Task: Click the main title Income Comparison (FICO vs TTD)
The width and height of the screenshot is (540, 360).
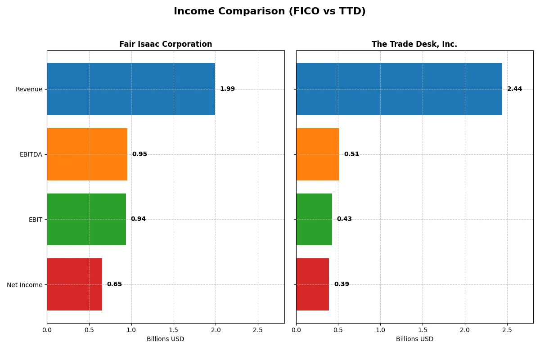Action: pos(270,12)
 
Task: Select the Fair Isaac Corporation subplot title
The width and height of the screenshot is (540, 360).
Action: pos(165,44)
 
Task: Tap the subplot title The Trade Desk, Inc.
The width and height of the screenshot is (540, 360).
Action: pos(414,44)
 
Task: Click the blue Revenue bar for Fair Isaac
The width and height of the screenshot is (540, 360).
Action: pos(131,89)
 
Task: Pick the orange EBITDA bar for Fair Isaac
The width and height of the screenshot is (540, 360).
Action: pos(87,154)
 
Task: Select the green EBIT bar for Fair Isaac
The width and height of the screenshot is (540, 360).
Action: pos(86,219)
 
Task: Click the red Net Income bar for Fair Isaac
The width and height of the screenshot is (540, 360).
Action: pos(74,284)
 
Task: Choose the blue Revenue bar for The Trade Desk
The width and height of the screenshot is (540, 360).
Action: pos(399,89)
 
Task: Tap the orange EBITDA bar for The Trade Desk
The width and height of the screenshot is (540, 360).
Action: pos(318,154)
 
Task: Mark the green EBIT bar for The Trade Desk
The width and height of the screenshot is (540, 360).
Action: pos(314,219)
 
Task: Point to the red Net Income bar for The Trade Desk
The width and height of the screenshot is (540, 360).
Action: pos(312,284)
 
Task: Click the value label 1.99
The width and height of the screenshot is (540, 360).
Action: pos(227,89)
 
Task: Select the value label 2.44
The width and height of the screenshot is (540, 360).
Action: pos(514,89)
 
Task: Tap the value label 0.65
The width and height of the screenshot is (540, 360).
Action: pos(114,284)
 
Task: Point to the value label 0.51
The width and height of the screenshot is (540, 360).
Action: pos(351,154)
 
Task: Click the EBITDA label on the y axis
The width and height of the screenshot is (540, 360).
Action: pos(31,154)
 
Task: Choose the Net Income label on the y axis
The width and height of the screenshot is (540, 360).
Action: pos(24,285)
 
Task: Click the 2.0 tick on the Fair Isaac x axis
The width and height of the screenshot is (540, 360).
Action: pos(216,330)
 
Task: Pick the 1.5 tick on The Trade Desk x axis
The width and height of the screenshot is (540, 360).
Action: pos(423,330)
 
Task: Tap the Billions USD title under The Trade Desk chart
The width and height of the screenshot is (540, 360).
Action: pos(414,339)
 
